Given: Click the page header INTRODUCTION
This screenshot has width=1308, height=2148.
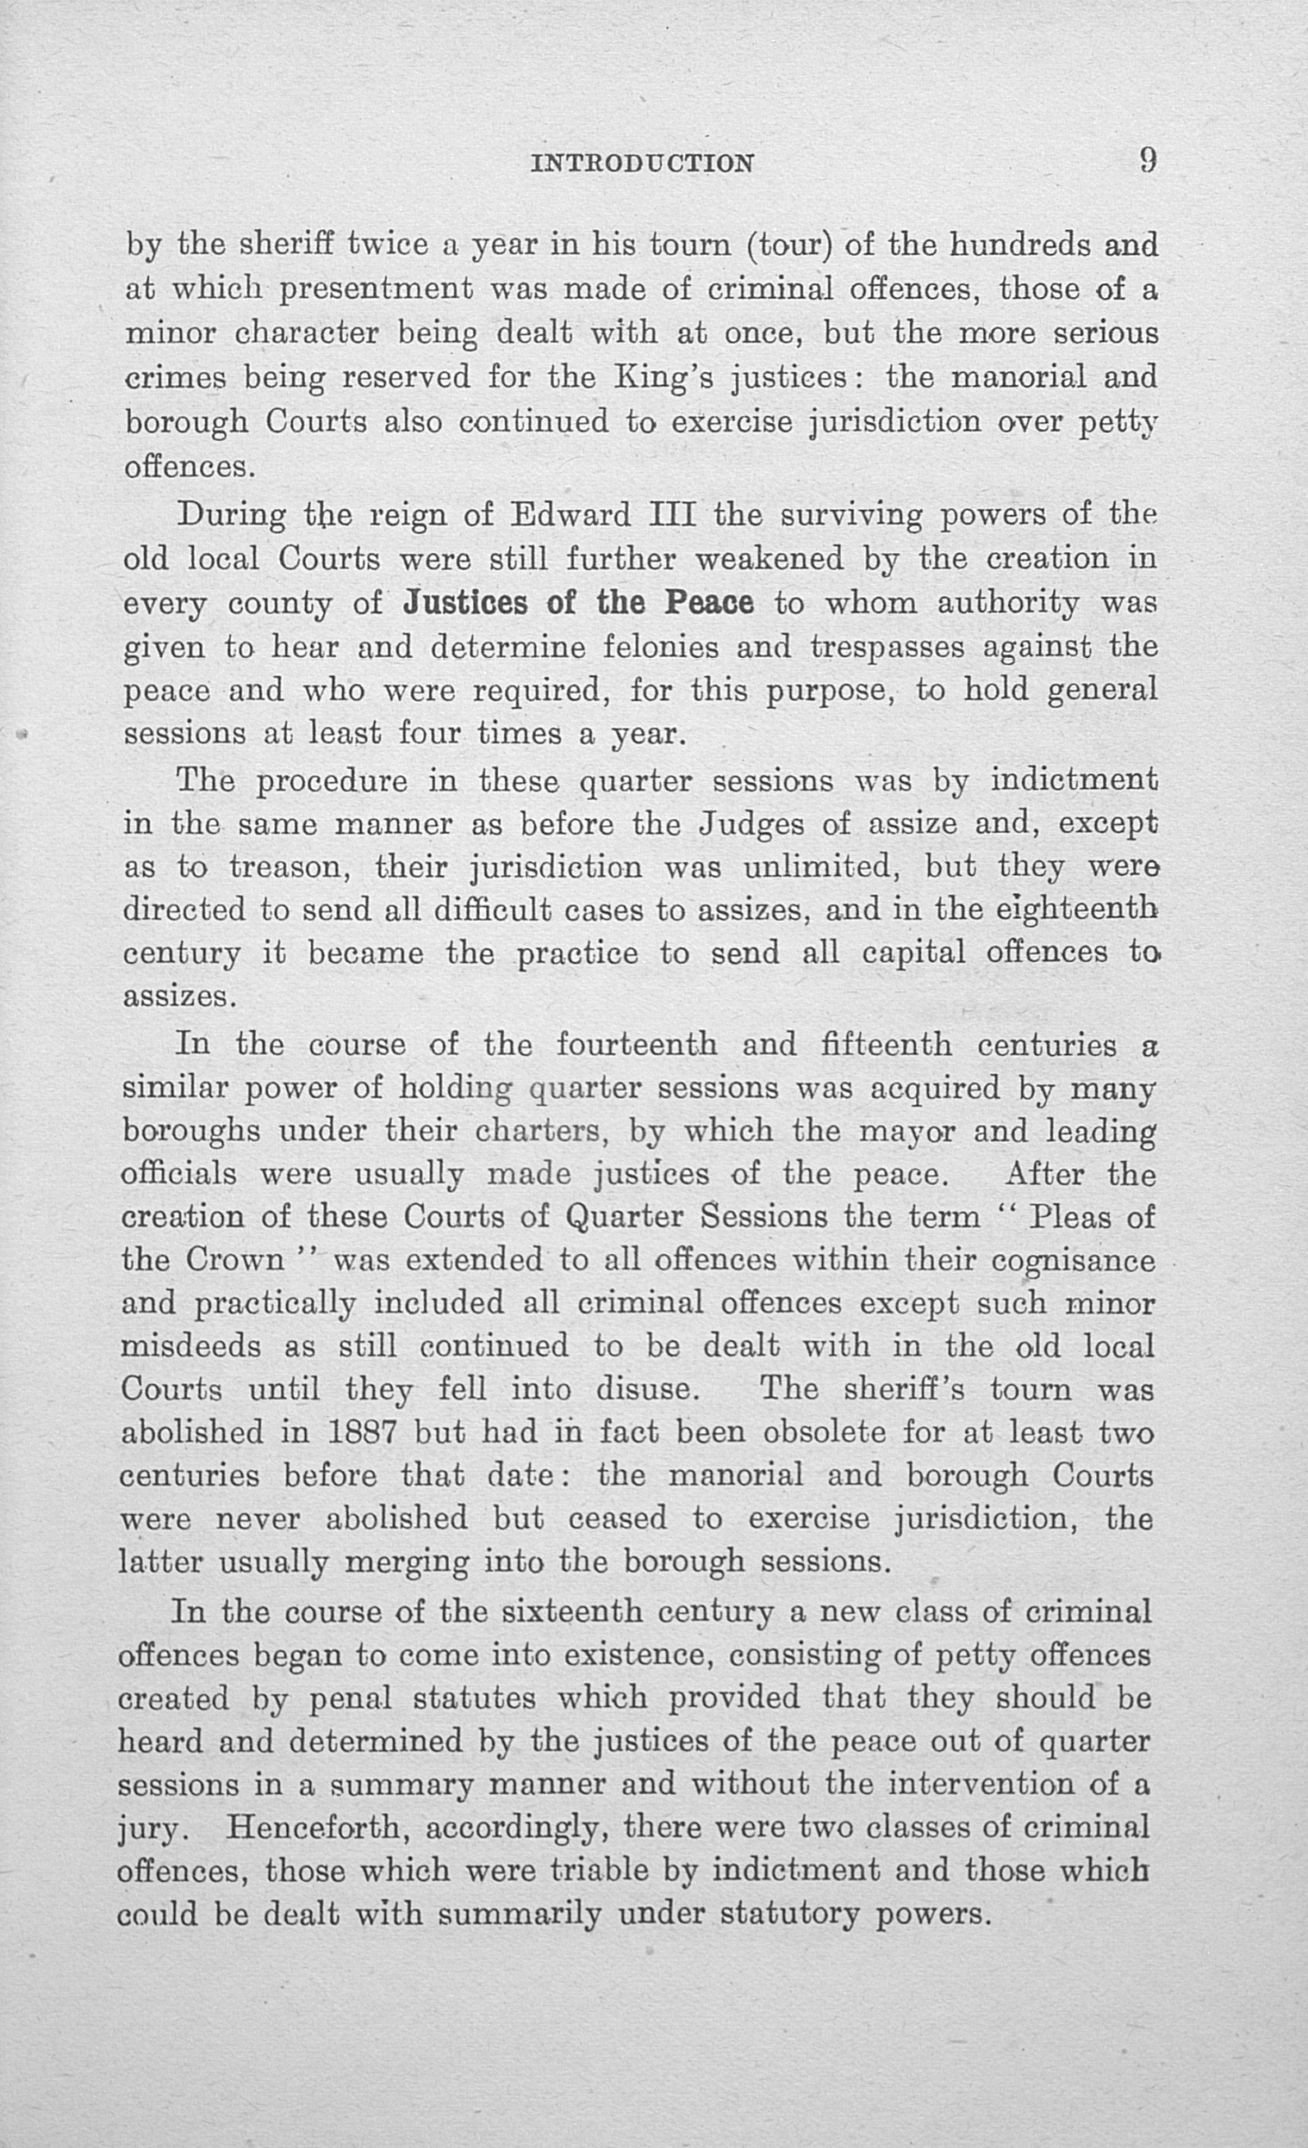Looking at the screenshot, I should [643, 163].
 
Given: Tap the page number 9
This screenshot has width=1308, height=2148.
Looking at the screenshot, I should [1147, 160].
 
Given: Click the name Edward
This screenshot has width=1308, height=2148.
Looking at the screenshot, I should [570, 515].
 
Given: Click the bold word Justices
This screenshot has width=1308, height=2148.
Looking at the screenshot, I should [465, 603].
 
